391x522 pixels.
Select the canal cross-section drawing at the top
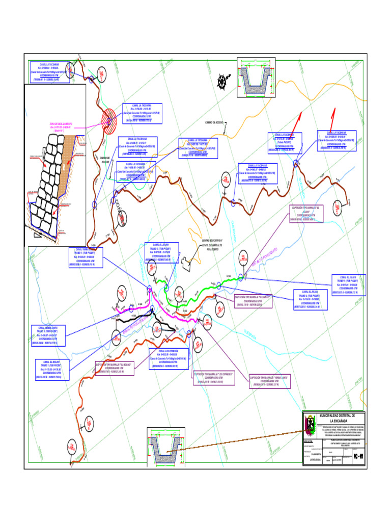(x=256, y=81)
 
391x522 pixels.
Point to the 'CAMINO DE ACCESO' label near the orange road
(x=215, y=123)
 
